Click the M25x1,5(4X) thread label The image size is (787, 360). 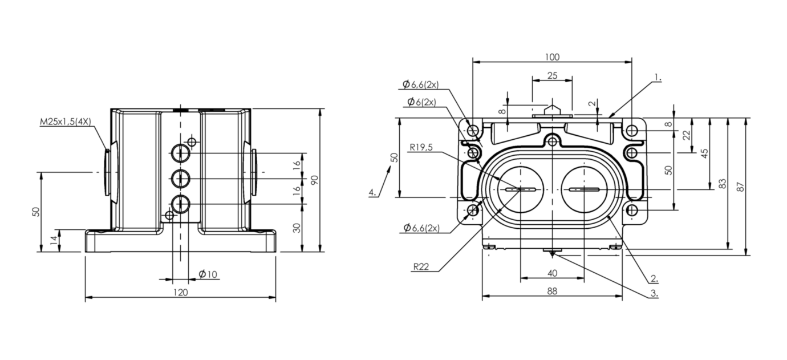click(x=66, y=122)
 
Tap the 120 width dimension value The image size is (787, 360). click(x=181, y=293)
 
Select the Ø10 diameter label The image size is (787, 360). click(x=208, y=274)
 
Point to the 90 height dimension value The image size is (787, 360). click(x=314, y=180)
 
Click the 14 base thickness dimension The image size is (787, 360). click(x=54, y=240)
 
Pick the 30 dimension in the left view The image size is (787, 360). click(x=297, y=228)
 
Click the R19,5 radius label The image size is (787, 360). click(x=421, y=147)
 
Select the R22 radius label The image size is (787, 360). click(x=421, y=267)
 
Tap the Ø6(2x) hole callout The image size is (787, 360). click(x=421, y=102)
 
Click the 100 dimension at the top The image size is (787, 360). click(x=552, y=57)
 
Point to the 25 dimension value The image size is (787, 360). click(x=552, y=75)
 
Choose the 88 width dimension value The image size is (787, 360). click(x=552, y=291)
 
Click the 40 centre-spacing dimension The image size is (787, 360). click(x=552, y=273)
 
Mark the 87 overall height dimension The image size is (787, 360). click(x=740, y=187)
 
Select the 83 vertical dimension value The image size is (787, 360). click(x=722, y=184)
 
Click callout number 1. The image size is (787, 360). click(x=658, y=78)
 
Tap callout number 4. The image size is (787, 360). click(x=372, y=192)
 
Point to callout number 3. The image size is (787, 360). click(x=654, y=294)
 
